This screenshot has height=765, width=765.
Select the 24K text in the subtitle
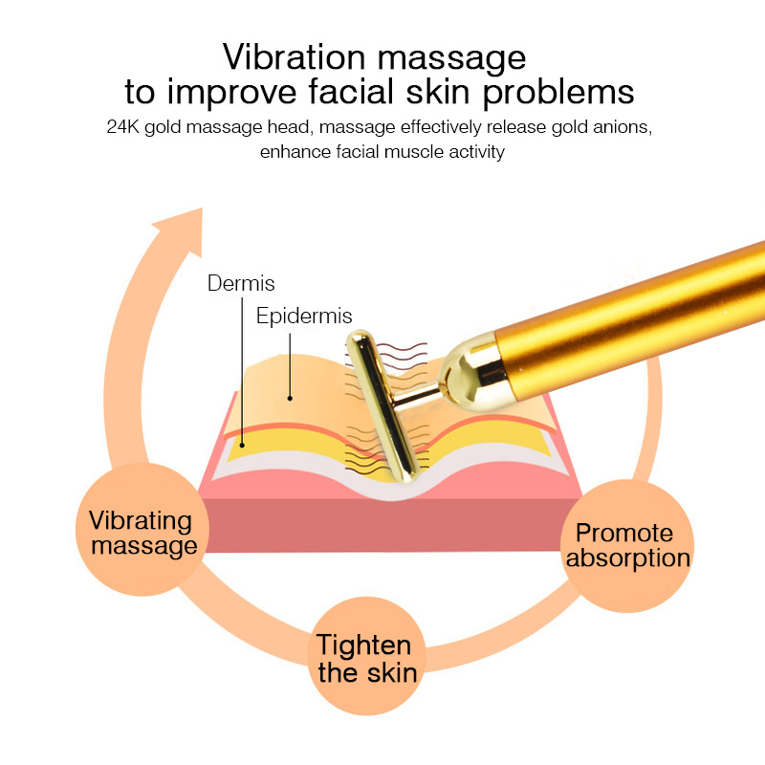(x=124, y=127)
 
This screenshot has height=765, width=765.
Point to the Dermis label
(x=241, y=283)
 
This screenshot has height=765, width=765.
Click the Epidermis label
(x=304, y=316)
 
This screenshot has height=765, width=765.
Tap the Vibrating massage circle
(x=142, y=533)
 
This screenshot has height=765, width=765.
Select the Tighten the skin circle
(x=368, y=658)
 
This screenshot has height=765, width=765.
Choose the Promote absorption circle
(x=627, y=545)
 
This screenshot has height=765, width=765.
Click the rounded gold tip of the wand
(x=464, y=369)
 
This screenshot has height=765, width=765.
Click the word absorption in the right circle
(x=627, y=558)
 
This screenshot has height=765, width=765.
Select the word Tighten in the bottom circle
(x=364, y=645)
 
